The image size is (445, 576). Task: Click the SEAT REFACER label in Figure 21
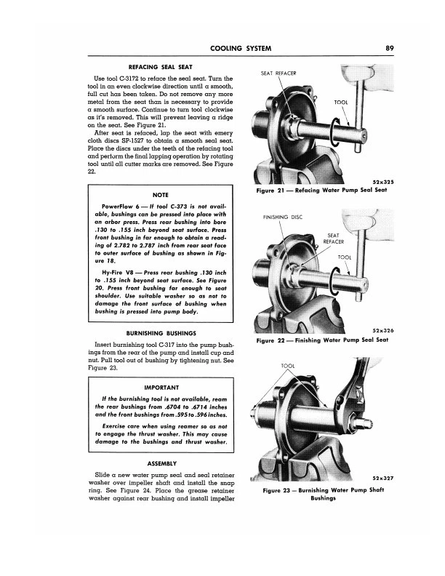(279, 73)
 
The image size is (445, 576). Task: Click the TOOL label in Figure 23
(289, 364)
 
